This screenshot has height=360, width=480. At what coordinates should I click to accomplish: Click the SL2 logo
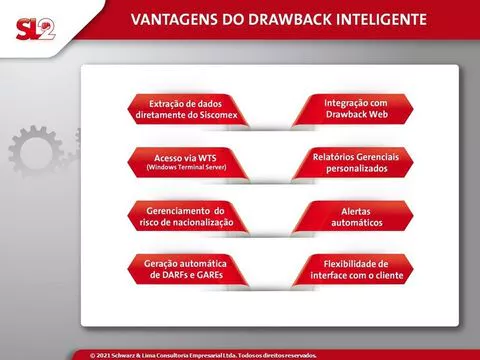36,29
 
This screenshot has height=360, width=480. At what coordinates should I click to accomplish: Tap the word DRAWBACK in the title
290,19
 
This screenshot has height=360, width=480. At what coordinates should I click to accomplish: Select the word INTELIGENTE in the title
381,19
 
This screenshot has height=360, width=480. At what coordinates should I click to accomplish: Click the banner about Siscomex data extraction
188,109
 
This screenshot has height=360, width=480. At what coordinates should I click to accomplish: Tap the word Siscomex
219,115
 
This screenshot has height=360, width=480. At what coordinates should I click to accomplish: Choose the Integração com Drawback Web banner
353,109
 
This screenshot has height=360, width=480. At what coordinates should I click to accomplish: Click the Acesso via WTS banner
188,163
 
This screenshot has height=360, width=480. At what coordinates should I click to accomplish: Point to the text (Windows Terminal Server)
186,167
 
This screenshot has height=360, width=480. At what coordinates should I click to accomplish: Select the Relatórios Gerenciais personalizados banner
353,163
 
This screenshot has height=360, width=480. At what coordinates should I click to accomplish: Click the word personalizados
357,169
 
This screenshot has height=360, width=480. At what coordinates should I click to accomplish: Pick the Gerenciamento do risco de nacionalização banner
188,216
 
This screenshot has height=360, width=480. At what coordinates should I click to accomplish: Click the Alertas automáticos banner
353,216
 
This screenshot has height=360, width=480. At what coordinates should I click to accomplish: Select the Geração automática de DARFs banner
188,269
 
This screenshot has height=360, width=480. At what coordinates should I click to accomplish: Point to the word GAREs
210,275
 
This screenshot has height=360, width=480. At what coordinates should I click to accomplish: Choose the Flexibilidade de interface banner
353,269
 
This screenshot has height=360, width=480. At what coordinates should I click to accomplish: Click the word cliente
390,275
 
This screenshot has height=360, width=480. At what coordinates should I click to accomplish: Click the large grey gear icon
36,152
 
